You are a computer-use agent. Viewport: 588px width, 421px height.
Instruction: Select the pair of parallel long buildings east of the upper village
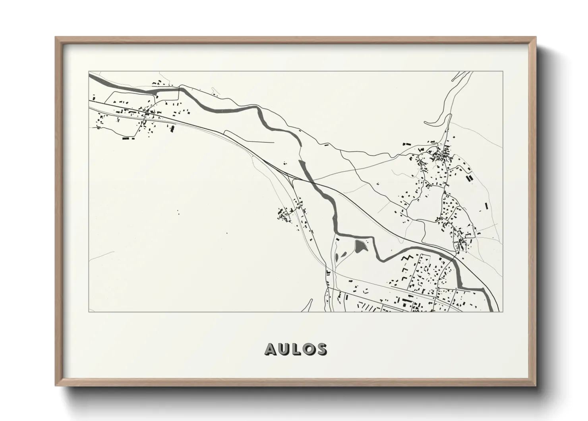[x=469, y=177]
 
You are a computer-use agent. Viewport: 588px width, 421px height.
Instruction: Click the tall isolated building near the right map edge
[x=486, y=206]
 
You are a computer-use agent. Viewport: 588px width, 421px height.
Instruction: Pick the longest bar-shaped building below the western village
[x=126, y=139]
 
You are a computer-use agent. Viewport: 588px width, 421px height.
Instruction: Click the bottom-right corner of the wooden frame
[x=536, y=385]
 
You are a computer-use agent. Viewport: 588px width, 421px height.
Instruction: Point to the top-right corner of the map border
[x=503, y=72]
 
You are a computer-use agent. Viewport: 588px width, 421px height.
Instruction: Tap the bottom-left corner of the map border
[x=89, y=312]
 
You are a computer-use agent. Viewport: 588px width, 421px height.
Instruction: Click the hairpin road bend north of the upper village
[x=426, y=122]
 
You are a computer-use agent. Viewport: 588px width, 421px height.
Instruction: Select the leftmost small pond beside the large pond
[x=338, y=256]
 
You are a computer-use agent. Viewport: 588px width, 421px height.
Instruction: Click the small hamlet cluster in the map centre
[x=285, y=215]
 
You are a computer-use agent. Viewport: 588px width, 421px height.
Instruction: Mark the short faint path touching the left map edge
[x=101, y=255]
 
